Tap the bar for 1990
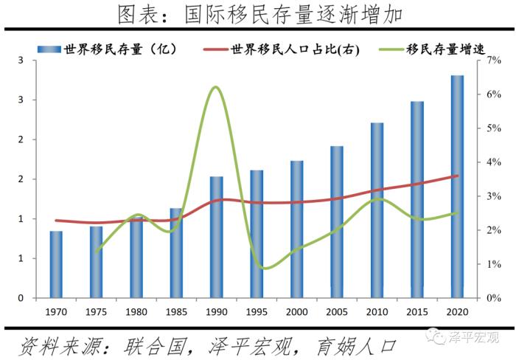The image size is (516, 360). tap(216, 237)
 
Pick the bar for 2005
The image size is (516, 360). tap(337, 222)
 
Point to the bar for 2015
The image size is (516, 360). tap(417, 199)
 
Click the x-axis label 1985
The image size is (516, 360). tap(176, 311)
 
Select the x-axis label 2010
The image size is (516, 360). tap(377, 311)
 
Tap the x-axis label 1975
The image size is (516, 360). tap(96, 311)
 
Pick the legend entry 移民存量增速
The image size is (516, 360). tap(435, 50)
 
